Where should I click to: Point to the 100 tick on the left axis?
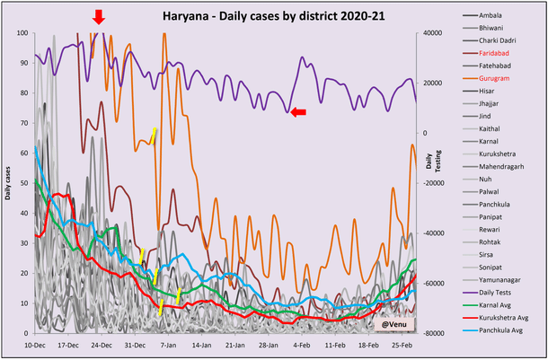point(23,33)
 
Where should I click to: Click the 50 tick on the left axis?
point(25,183)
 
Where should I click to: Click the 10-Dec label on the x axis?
point(35,344)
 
